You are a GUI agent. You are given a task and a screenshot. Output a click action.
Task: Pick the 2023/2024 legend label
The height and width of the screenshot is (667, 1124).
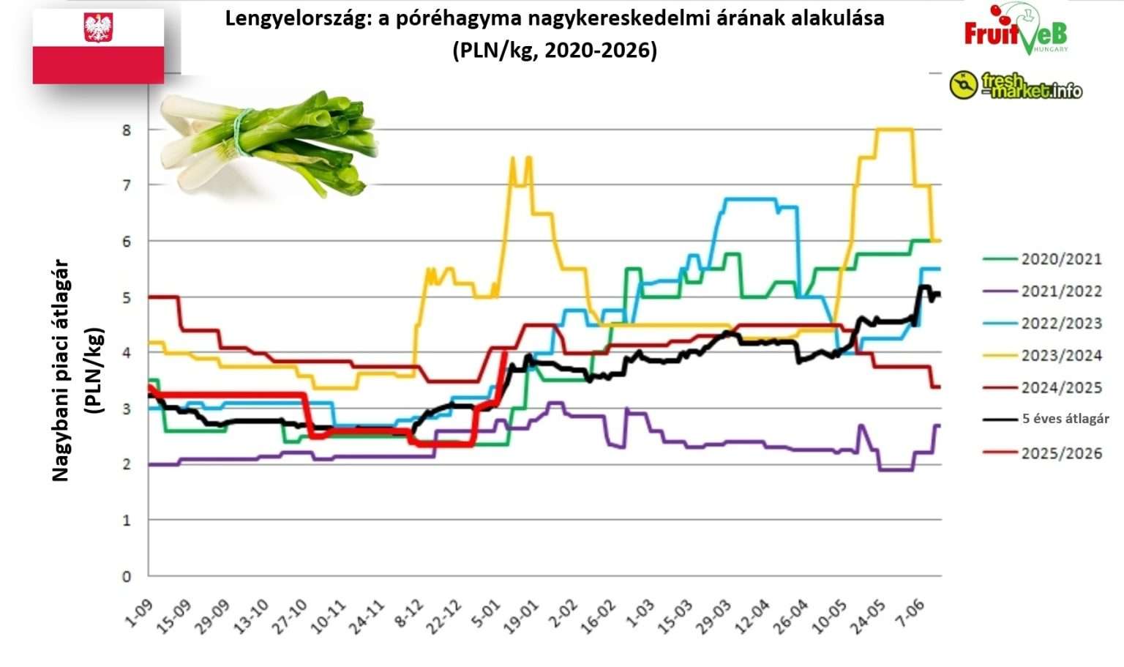point(1060,356)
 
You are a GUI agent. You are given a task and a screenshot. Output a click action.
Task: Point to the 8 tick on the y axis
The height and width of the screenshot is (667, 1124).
point(127,130)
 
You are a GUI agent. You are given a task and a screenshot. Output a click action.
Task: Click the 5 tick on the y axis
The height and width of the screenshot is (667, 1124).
point(127,298)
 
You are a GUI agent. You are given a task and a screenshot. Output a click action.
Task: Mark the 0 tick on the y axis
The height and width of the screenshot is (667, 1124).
point(127,576)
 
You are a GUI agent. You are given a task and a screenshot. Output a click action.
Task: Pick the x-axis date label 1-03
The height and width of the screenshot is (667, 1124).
point(641,614)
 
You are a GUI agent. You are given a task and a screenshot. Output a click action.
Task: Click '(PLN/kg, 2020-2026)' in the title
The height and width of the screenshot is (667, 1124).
point(555,51)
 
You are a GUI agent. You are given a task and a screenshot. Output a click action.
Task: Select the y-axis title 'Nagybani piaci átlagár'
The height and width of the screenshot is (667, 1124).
point(61,370)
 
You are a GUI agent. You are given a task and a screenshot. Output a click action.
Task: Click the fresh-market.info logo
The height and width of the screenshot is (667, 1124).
point(1016,86)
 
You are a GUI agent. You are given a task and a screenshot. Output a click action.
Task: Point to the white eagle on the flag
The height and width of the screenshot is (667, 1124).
point(98,28)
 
